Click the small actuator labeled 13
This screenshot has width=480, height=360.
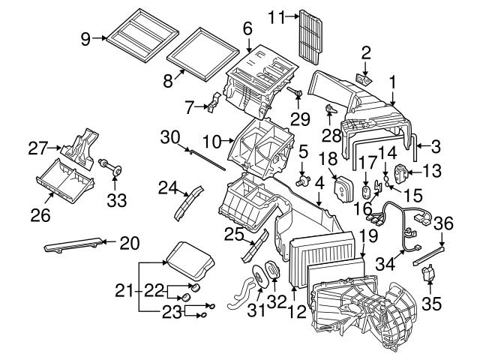tap(402, 172)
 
